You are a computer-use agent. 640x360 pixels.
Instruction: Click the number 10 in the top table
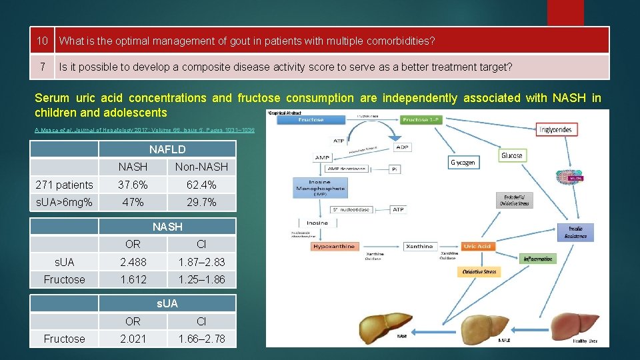click(43, 41)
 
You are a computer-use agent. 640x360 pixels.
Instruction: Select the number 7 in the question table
click(43, 67)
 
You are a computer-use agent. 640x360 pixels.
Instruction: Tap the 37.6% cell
click(133, 185)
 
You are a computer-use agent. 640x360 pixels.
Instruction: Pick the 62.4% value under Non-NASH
click(201, 185)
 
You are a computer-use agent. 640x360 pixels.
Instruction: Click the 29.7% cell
click(201, 202)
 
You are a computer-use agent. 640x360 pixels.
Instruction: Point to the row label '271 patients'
click(65, 185)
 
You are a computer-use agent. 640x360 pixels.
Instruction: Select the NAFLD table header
click(167, 149)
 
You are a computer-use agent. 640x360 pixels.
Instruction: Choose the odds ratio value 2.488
click(133, 262)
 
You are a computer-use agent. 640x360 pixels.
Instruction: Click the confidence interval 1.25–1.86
click(201, 279)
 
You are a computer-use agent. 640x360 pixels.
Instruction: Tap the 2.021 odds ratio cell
click(133, 339)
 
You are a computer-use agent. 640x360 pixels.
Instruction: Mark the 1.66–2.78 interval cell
click(201, 339)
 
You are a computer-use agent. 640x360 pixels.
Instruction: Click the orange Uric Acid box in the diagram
click(477, 247)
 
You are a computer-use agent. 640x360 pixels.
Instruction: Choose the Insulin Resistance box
click(575, 232)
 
